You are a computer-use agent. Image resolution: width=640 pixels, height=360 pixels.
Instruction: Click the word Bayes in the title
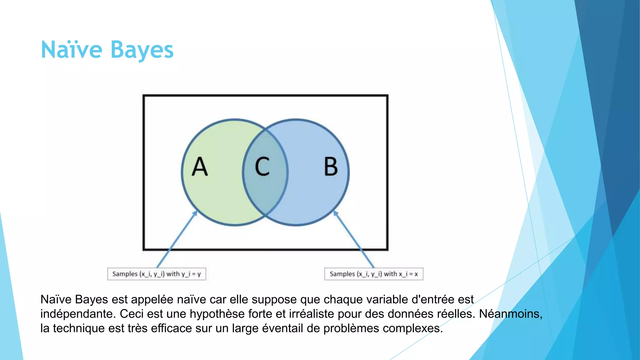142,50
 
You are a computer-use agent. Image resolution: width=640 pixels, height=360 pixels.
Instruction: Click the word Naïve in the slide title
72,50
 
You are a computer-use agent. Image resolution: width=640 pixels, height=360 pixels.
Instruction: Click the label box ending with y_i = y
157,274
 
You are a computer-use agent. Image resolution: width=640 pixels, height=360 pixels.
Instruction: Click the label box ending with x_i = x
374,274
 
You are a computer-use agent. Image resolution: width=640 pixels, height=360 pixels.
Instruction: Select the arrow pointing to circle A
177,239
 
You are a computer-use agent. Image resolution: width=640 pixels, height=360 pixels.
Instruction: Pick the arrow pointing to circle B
354,239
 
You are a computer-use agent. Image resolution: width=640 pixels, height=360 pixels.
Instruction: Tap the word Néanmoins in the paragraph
510,314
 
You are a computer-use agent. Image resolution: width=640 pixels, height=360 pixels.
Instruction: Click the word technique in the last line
78,328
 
